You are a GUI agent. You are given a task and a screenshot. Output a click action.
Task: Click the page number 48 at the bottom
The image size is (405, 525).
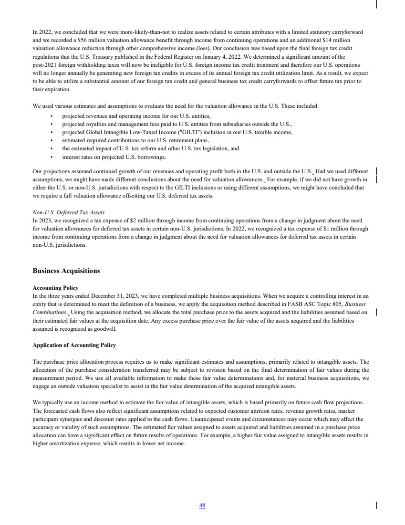point(202,506)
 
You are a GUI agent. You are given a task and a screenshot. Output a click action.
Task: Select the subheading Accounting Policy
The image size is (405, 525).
point(55,288)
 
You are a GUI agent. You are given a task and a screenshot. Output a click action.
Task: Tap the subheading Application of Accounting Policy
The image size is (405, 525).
point(74,345)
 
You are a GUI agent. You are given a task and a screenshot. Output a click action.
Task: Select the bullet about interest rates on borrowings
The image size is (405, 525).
point(114,157)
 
